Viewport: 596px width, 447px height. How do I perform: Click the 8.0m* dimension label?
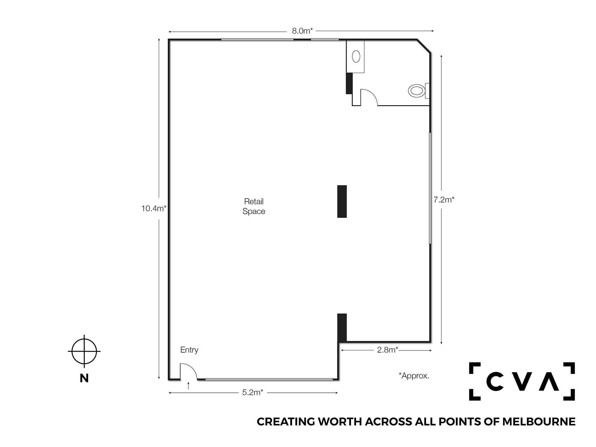coord(302,31)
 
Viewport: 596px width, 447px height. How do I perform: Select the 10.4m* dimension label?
coord(154,208)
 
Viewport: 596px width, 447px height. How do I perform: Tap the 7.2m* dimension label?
coord(444,200)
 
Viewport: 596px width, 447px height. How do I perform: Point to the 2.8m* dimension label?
coord(387,350)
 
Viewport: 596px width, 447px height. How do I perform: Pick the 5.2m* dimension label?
coord(253,392)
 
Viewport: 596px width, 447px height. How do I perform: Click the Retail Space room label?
coord(254,206)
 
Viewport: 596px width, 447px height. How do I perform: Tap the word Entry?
coord(189,350)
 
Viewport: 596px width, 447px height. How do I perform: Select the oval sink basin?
coord(356,56)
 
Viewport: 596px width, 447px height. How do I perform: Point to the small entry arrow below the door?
coord(188,385)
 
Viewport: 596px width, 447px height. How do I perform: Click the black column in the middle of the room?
coord(342,201)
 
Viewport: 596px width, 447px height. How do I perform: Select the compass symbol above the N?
coord(84,351)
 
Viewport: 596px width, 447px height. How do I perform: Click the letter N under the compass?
coord(84,378)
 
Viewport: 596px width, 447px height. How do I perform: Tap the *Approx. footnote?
coord(414,376)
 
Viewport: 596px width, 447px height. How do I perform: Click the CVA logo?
coord(522,381)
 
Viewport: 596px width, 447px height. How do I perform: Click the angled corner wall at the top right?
coord(424,46)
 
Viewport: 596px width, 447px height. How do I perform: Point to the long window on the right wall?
coord(430,188)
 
